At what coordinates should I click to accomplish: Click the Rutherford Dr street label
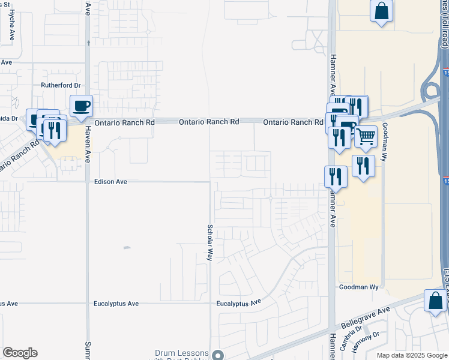click(x=61, y=85)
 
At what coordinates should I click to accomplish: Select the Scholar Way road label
click(x=209, y=242)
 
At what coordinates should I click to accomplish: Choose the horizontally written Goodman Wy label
click(x=359, y=287)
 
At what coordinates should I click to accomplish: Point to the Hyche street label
click(x=13, y=28)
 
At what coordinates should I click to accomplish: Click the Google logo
click(x=20, y=353)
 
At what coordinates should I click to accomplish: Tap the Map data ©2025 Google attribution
click(x=411, y=355)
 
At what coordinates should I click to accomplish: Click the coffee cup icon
click(x=82, y=106)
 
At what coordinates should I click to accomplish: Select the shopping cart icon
click(x=365, y=136)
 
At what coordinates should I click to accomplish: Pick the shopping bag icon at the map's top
click(x=382, y=11)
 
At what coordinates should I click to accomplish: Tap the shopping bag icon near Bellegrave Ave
click(x=435, y=300)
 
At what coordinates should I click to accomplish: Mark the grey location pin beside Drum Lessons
click(x=217, y=355)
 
